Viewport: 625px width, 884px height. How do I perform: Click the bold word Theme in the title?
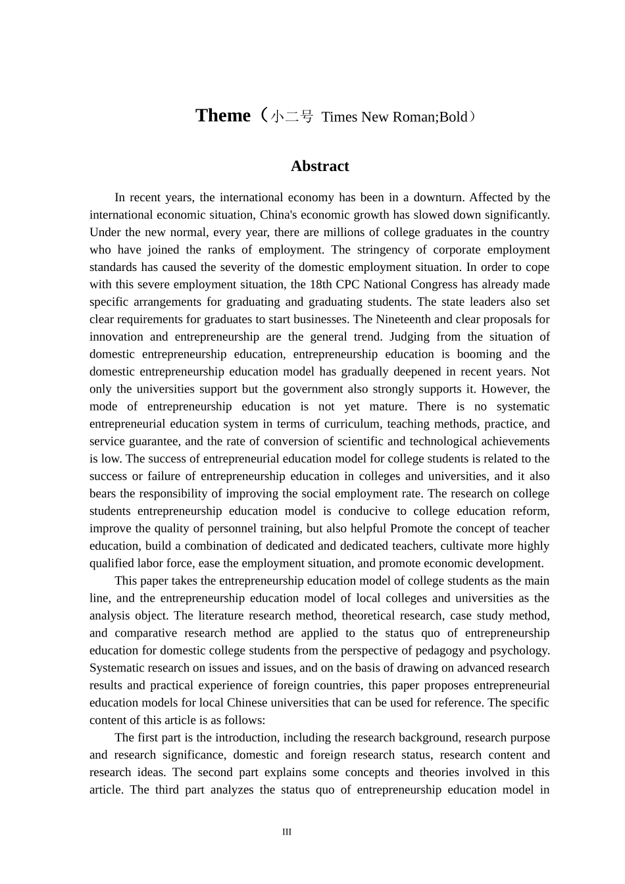coord(223,116)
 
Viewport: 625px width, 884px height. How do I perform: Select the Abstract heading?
coord(320,166)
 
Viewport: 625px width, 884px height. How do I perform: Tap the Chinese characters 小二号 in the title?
coord(292,117)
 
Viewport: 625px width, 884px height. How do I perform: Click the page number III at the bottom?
coord(287,832)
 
